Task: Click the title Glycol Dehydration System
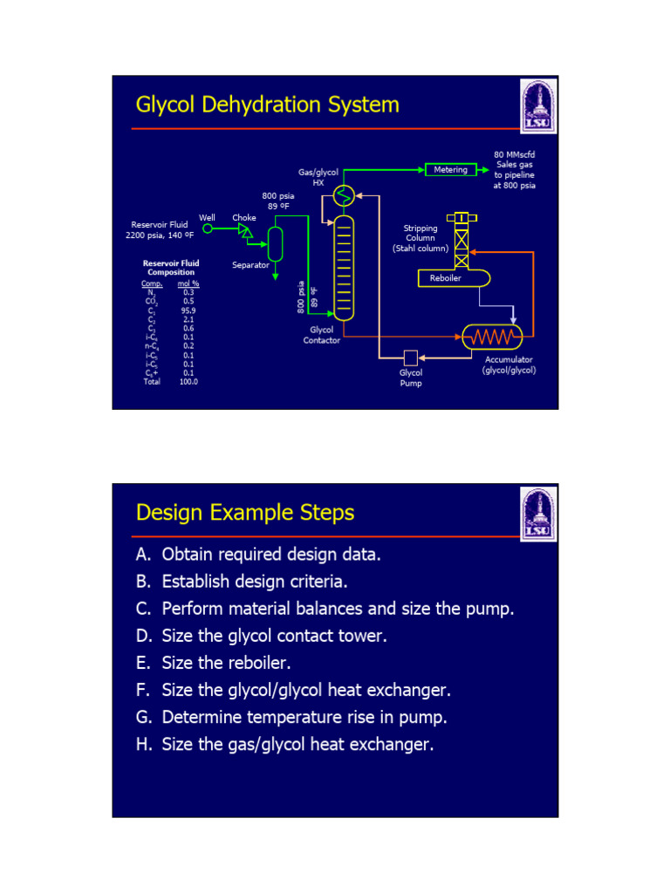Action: coord(267,106)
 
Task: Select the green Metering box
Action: coord(450,170)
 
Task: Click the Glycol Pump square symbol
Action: coord(410,358)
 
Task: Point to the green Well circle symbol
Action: coord(208,229)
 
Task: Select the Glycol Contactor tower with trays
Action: coord(345,266)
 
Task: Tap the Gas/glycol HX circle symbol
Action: coord(345,197)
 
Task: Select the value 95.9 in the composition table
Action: coord(188,310)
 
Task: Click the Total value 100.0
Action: coord(188,382)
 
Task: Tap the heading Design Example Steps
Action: coord(245,512)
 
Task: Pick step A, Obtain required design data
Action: coord(258,555)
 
